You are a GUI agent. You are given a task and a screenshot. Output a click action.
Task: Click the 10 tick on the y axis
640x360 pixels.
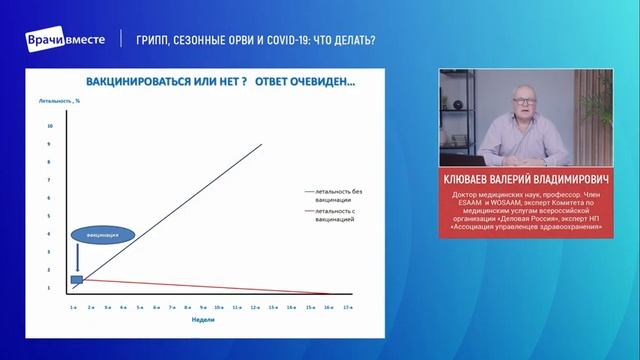pyautogui.click(x=51, y=127)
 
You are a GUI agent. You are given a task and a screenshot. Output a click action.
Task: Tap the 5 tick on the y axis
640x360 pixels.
pyautogui.click(x=51, y=216)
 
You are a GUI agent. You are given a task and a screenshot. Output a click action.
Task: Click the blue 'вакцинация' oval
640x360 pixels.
pyautogui.click(x=101, y=235)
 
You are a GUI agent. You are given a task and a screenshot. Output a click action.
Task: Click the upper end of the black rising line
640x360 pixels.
pyautogui.click(x=261, y=145)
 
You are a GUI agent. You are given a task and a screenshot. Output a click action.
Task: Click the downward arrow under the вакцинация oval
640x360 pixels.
pyautogui.click(x=76, y=259)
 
